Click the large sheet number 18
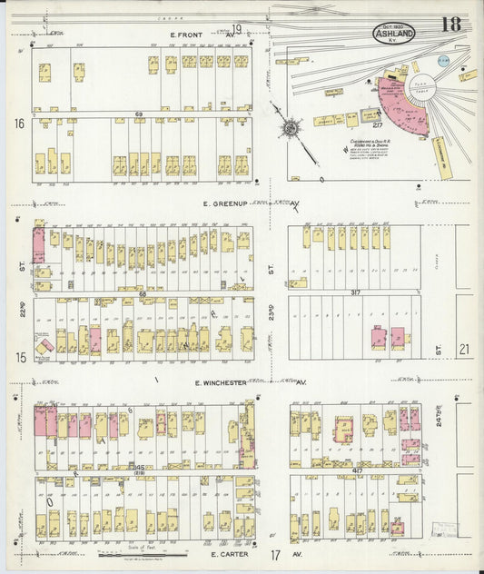click(x=450, y=25)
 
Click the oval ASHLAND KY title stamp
click(x=392, y=34)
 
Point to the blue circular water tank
click(x=443, y=59)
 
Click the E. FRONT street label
click(x=187, y=35)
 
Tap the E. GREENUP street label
click(x=222, y=204)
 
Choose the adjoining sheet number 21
click(x=464, y=349)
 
